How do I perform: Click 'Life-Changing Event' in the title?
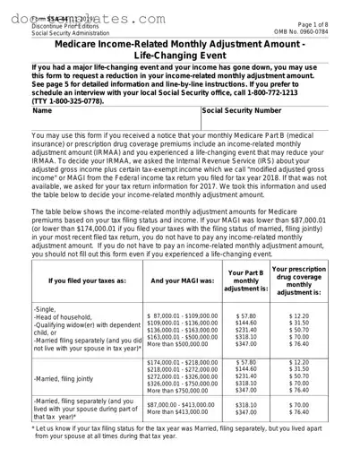tap(179, 56)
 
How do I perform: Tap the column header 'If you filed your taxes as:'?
tap(74, 279)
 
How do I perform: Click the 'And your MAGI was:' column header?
tap(179, 279)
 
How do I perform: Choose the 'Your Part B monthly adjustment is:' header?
tap(244, 279)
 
